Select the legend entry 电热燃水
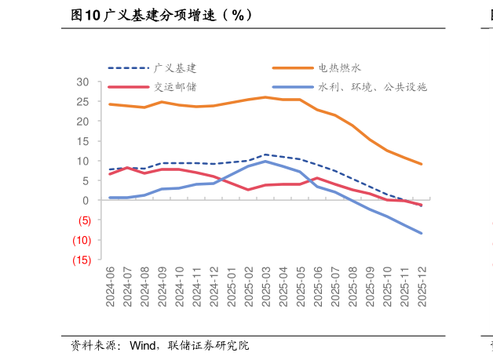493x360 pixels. pos(339,69)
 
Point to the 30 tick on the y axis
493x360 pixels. pos(82,82)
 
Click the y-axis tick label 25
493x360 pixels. pos(82,101)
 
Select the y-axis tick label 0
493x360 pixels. pos(86,200)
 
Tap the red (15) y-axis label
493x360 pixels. pos(81,260)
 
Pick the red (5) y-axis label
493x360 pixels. pos(82,220)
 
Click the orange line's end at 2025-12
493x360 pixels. pos(422,164)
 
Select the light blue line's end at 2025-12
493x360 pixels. pos(422,233)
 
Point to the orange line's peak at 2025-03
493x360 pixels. pos(265,97)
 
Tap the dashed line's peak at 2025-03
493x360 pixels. pos(265,155)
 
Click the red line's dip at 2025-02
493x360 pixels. pos(248,190)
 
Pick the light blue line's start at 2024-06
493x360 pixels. pos(110,198)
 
